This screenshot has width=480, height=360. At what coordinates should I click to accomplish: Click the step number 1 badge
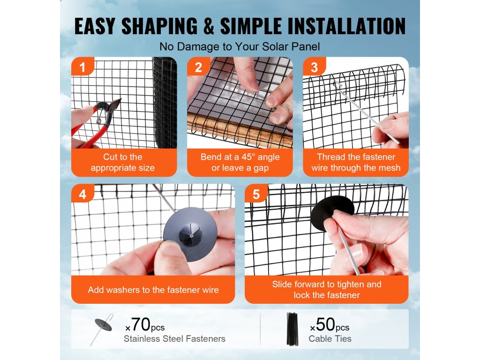82,67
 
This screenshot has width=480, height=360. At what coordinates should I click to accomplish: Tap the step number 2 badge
198,67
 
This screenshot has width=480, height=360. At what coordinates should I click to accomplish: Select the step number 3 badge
314,67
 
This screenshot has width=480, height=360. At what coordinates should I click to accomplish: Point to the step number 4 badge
82,194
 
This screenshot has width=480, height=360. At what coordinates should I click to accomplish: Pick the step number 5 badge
256,194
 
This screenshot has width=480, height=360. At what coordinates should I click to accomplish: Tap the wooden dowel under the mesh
239,131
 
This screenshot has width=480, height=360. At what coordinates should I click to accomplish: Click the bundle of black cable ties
292,329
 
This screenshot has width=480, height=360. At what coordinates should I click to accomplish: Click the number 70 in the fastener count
141,324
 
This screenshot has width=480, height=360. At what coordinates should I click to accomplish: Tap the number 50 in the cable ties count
325,324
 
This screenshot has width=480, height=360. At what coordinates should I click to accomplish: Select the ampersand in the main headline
209,26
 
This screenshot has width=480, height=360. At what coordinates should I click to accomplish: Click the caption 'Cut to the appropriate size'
123,162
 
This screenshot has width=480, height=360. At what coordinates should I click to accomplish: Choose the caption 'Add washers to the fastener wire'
153,290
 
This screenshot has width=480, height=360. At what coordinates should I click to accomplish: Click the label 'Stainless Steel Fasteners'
174,338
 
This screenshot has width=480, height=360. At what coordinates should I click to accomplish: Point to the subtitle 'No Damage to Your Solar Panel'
240,46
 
